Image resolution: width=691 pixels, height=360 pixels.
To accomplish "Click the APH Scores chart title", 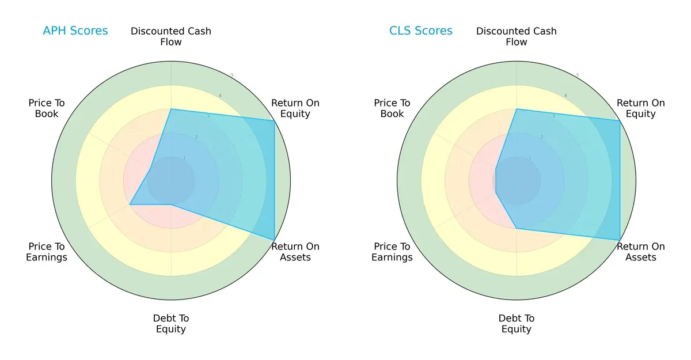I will click(x=75, y=31).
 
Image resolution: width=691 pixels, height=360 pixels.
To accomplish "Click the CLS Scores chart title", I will click(x=420, y=31).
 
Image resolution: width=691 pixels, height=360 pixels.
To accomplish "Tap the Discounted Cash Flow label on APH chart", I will click(x=171, y=36).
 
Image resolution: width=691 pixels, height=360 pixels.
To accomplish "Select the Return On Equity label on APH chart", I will click(x=295, y=108).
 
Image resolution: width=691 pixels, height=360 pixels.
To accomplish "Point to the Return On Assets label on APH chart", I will click(x=295, y=252).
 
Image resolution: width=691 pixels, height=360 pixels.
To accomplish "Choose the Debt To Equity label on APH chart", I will click(x=171, y=324).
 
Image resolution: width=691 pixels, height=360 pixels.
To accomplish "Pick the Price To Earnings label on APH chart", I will click(x=47, y=252).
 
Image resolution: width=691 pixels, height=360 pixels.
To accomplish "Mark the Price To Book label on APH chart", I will click(x=47, y=108).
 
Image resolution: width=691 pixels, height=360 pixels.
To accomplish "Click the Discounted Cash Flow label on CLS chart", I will click(x=517, y=36).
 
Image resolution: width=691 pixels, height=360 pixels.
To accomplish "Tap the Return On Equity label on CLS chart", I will click(x=640, y=108).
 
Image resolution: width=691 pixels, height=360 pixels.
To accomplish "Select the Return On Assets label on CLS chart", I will click(x=640, y=252).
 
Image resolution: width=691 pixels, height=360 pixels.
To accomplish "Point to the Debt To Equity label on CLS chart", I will click(x=517, y=324).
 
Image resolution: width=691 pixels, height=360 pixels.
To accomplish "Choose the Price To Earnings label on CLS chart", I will click(x=392, y=252).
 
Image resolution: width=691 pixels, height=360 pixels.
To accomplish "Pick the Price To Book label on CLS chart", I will click(x=392, y=108).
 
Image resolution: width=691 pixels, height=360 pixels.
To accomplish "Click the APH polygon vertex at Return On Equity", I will click(x=274, y=120).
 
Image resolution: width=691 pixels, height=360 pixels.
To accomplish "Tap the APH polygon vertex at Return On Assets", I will click(x=274, y=240).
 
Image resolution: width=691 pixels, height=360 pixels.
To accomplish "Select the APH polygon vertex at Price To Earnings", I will click(x=130, y=204).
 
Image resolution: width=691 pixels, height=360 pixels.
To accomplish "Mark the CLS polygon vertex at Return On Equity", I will click(x=620, y=120).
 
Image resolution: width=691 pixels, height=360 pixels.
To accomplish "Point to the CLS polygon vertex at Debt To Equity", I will click(x=517, y=228).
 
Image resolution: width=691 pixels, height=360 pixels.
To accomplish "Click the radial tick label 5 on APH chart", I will click(x=232, y=75).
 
